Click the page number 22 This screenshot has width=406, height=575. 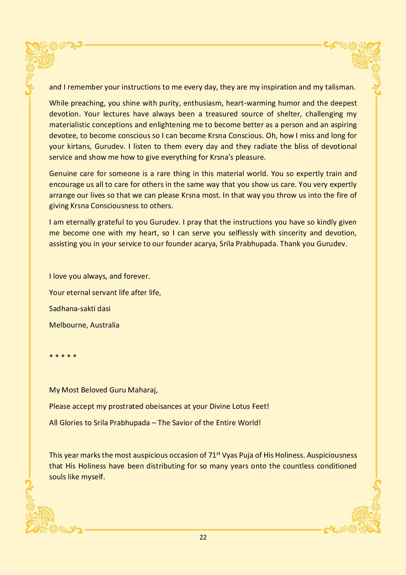pyautogui.click(x=203, y=537)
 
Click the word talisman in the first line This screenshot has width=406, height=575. pyautogui.click(x=340, y=87)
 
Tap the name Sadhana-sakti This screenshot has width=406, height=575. pyautogui.click(x=74, y=309)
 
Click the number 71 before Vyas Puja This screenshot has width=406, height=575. pyautogui.click(x=212, y=456)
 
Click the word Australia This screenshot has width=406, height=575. pyautogui.click(x=104, y=325)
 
